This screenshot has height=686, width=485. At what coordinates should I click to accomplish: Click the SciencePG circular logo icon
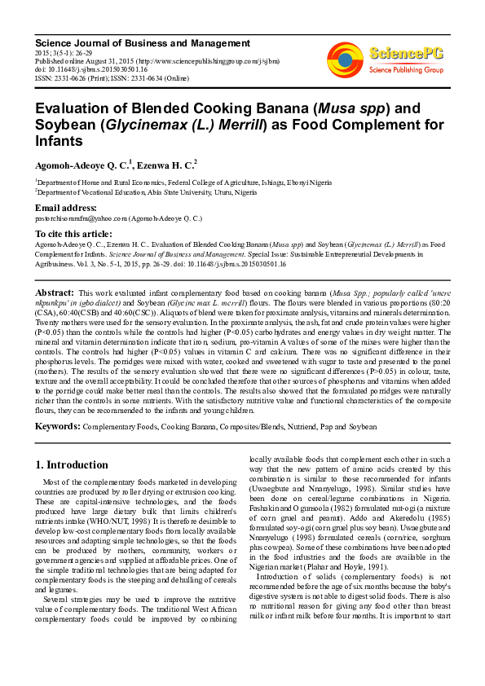[x=344, y=58]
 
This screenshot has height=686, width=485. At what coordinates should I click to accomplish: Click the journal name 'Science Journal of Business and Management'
[x=141, y=42]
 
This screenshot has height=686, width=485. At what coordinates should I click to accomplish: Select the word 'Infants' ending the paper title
[x=59, y=141]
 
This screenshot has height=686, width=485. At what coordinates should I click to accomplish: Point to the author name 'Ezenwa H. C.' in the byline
[x=165, y=164]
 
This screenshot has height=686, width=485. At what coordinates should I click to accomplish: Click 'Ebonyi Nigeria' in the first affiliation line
[x=313, y=183]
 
